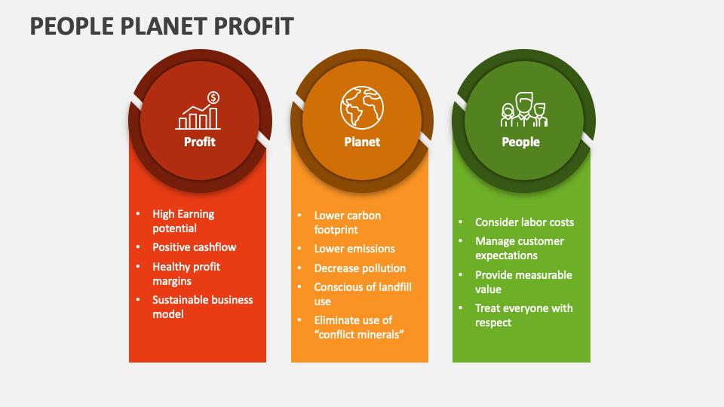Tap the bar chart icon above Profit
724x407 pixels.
(198, 118)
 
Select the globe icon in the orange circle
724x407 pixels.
(362, 106)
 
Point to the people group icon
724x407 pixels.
(523, 110)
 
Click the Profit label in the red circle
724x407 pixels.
(200, 142)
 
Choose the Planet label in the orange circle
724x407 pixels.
(362, 142)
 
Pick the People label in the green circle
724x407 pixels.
(521, 142)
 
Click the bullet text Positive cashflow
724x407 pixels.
(195, 247)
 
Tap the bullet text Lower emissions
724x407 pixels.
(354, 249)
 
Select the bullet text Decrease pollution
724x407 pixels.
(360, 268)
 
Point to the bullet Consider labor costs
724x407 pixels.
(524, 222)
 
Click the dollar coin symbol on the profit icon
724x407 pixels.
(213, 97)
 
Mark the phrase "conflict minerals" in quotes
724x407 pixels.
(359, 335)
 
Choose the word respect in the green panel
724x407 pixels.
(493, 323)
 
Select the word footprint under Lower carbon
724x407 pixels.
(336, 230)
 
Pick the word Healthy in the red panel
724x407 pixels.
(170, 267)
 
